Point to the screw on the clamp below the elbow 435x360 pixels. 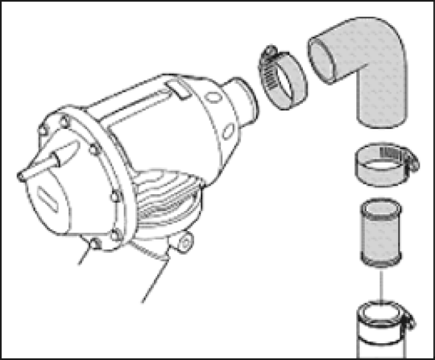point(404,159)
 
